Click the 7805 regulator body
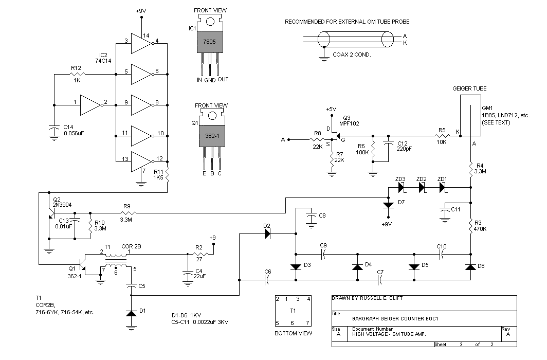click(x=210, y=42)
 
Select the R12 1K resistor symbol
click(x=78, y=74)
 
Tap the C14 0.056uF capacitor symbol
click(x=54, y=130)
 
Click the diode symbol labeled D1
click(x=131, y=313)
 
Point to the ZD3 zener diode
click(x=401, y=188)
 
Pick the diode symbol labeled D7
click(x=388, y=205)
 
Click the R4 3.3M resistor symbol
click(x=470, y=169)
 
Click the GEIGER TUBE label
click(x=469, y=88)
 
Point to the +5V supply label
click(x=331, y=109)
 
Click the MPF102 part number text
click(x=349, y=123)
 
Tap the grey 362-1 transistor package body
click(x=212, y=136)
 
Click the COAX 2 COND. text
click(x=352, y=55)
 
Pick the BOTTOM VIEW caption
click(x=294, y=333)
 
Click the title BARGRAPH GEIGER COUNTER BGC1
click(x=395, y=318)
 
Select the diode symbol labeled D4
click(x=358, y=267)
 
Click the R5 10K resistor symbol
click(x=442, y=136)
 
